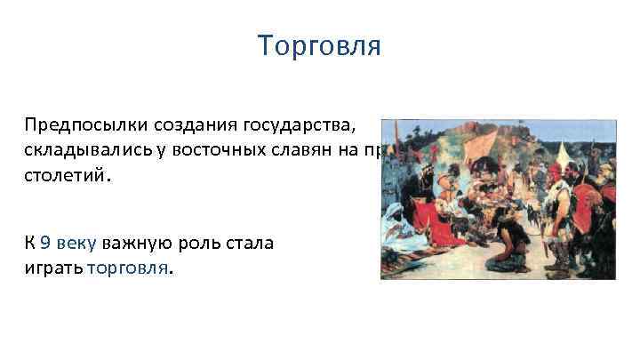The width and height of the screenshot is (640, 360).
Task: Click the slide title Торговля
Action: pyautogui.click(x=319, y=45)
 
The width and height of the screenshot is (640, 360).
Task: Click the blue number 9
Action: pyautogui.click(x=45, y=241)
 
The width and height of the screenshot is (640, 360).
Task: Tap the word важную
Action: pyautogui.click(x=140, y=241)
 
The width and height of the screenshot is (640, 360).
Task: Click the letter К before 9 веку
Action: pyautogui.click(x=29, y=241)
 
